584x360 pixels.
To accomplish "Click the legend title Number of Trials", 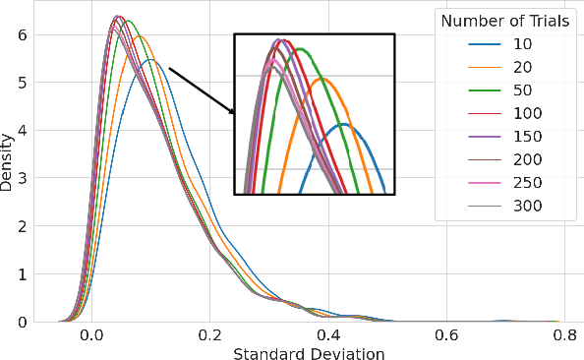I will tap(502, 21).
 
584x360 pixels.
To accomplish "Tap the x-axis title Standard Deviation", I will tap(308, 351).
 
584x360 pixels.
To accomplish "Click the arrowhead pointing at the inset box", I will tap(233, 111).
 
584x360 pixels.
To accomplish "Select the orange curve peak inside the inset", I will tap(323, 79).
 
